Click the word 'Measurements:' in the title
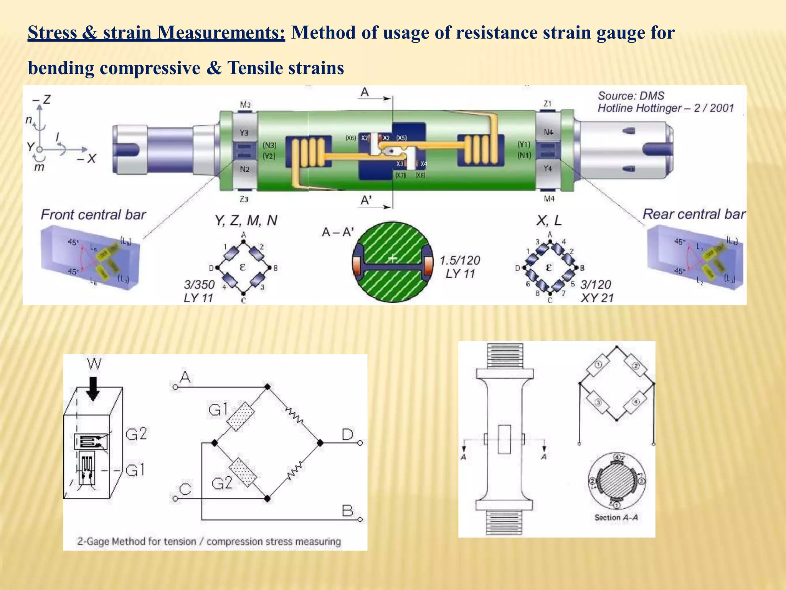[221, 33]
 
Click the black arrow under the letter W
[92, 388]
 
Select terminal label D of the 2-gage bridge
[347, 435]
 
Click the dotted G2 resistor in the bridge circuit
[243, 472]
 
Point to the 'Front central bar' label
[93, 214]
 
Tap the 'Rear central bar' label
[694, 214]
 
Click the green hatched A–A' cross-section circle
[392, 262]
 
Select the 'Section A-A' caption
[616, 517]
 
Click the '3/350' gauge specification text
[199, 285]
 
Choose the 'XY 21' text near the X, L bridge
[597, 298]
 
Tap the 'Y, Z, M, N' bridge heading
[246, 220]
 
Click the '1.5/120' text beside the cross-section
[459, 261]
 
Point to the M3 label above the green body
[245, 105]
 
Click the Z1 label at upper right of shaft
[548, 104]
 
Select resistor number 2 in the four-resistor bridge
[636, 366]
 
